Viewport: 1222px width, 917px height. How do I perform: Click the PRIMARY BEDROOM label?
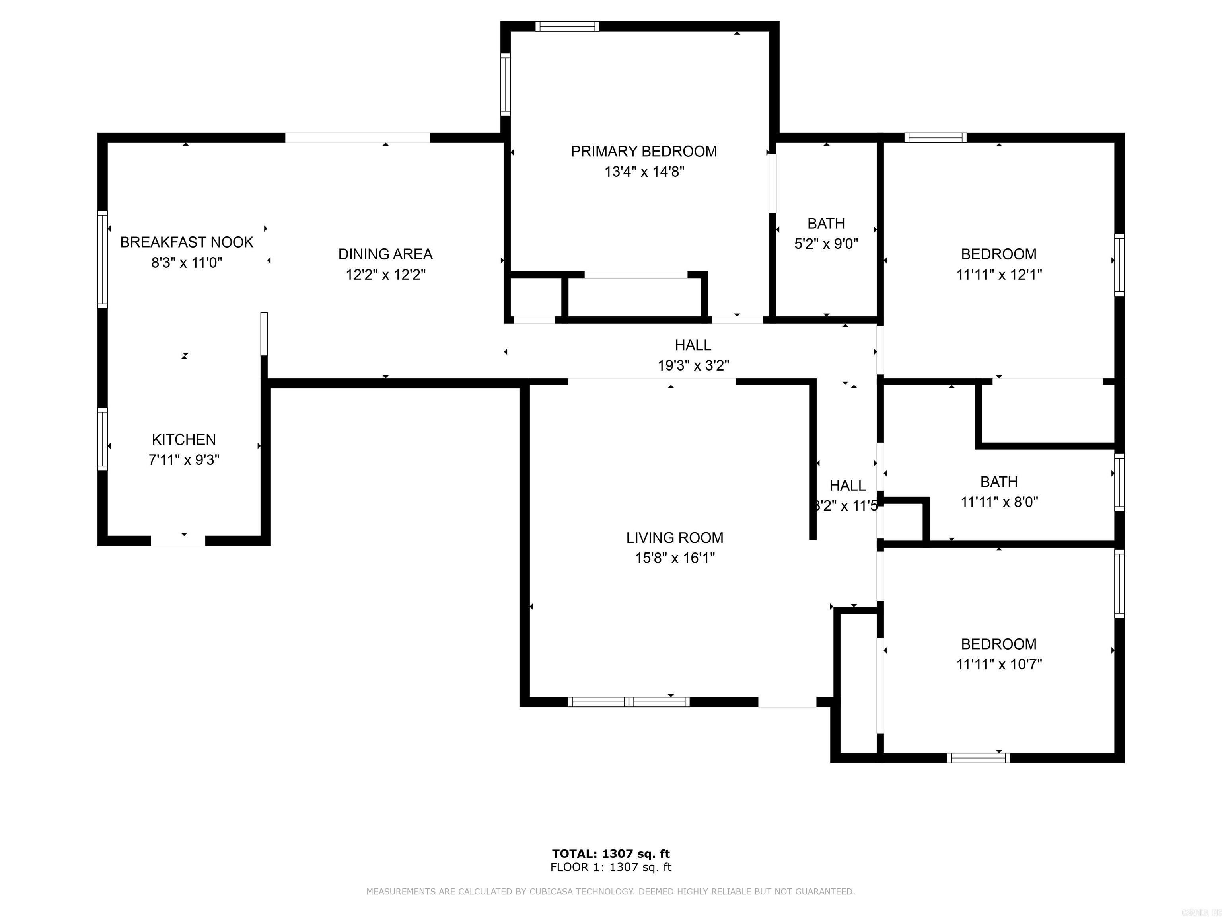(x=644, y=152)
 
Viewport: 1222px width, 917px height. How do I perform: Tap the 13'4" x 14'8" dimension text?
(x=644, y=172)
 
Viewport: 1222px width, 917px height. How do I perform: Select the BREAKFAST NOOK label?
(x=186, y=242)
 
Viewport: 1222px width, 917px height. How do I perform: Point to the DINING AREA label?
(x=385, y=254)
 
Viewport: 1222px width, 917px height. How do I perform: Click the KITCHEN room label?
(x=183, y=439)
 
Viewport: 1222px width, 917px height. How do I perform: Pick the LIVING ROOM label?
(x=675, y=537)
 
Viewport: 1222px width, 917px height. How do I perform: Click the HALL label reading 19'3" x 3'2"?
(x=693, y=345)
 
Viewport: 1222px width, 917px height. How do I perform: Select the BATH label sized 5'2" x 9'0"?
(x=826, y=223)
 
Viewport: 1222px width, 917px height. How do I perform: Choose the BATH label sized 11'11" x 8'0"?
(x=999, y=482)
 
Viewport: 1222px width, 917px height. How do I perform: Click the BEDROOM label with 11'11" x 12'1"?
(x=998, y=254)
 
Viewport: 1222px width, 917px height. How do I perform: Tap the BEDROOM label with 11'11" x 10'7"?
(x=998, y=644)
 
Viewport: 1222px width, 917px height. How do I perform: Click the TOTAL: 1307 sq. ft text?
(x=611, y=853)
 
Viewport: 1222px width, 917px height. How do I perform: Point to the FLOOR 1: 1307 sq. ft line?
(x=611, y=867)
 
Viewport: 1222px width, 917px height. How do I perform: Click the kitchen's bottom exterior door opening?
(x=178, y=540)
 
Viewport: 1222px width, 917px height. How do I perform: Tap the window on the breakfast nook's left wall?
(x=102, y=259)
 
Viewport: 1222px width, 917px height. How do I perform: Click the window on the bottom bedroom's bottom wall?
(x=978, y=758)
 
